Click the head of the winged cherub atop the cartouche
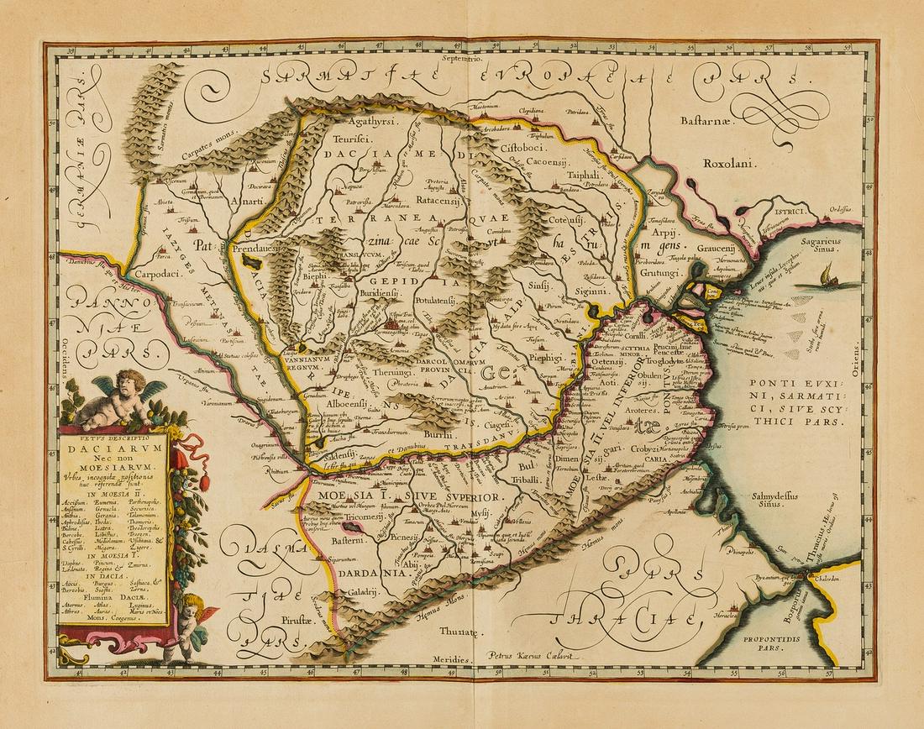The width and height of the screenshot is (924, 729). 132,382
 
